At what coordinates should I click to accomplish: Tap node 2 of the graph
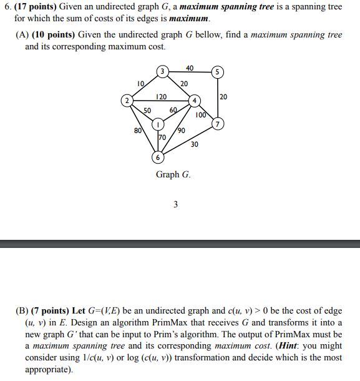pos(127,100)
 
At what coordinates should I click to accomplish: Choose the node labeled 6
pos(158,157)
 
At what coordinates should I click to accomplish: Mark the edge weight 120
pos(161,97)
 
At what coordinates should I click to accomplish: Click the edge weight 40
pos(190,67)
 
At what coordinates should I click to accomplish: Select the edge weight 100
pos(200,115)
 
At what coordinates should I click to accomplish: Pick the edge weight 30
pos(195,144)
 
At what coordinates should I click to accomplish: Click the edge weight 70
pos(162,137)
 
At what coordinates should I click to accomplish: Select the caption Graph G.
pos(173,174)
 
